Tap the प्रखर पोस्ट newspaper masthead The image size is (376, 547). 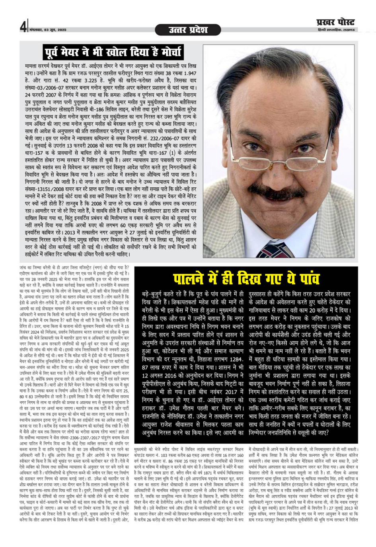point(335,22)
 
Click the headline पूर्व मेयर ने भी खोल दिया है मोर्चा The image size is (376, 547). point(113,52)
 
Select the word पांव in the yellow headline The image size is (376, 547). point(306,278)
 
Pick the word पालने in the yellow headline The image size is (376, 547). point(189,278)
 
